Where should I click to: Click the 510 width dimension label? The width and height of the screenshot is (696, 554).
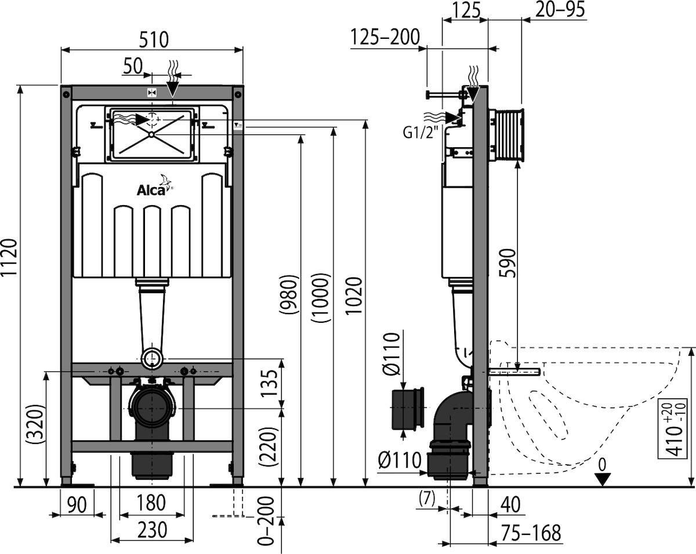[154, 39]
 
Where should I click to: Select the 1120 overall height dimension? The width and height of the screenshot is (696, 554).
[9, 257]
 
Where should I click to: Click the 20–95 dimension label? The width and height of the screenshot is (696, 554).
[560, 10]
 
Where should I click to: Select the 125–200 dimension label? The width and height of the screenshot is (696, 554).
[385, 37]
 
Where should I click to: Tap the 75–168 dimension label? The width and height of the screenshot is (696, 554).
[531, 533]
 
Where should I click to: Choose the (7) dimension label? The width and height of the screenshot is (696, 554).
[427, 498]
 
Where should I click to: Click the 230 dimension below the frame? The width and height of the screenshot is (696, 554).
[152, 530]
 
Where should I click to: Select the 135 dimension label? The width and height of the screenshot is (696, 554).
[269, 383]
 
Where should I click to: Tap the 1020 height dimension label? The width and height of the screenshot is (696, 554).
[353, 295]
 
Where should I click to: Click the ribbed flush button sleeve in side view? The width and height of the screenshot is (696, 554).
[507, 135]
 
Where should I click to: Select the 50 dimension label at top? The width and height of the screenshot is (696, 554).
[133, 66]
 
